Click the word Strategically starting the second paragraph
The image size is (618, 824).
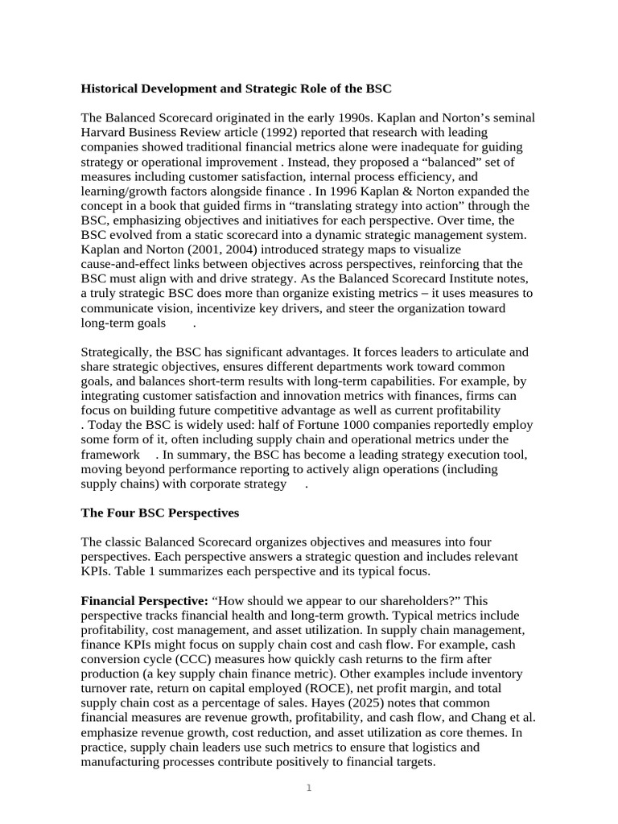tap(118, 352)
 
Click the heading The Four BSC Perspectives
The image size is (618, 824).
tap(160, 513)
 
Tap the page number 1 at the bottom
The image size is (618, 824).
tap(309, 789)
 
